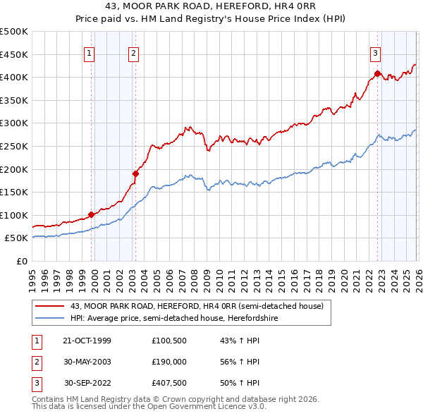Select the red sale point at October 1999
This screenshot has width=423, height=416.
click(x=92, y=214)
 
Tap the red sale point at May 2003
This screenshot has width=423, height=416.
click(x=136, y=173)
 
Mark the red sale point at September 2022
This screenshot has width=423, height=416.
click(x=378, y=73)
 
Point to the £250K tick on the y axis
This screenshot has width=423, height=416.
click(x=14, y=146)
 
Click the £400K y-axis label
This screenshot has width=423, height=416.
click(x=14, y=77)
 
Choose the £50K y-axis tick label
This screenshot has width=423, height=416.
click(x=17, y=238)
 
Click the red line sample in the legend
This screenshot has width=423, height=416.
click(x=49, y=306)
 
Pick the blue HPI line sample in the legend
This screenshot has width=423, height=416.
click(x=49, y=318)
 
